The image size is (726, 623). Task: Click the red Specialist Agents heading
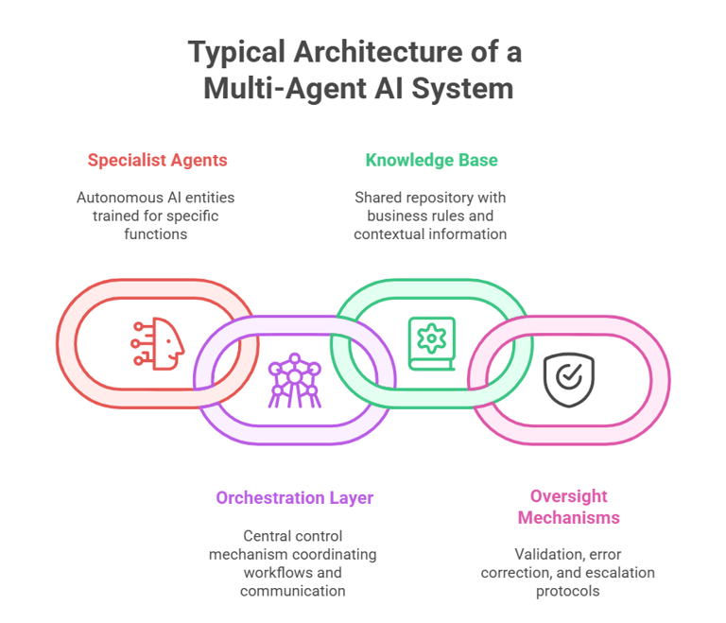tap(157, 160)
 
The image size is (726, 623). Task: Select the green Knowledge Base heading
tap(431, 160)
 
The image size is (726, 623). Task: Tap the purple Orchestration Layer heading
tap(294, 497)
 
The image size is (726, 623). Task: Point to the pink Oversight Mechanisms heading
tap(568, 507)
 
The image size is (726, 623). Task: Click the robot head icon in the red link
tap(158, 341)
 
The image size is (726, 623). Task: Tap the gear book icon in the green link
tap(430, 341)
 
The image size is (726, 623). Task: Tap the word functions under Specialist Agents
tap(157, 234)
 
